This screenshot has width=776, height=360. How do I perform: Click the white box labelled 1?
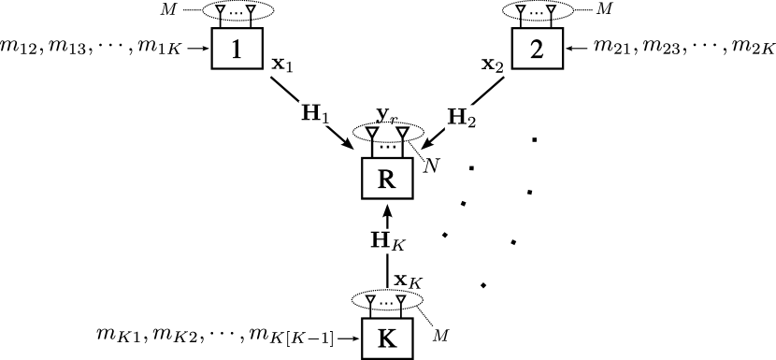[237, 50]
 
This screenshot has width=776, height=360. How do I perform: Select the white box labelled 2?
[537, 50]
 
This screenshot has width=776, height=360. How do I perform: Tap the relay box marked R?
[387, 179]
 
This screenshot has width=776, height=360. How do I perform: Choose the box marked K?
[387, 338]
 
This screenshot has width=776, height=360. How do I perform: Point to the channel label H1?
[314, 114]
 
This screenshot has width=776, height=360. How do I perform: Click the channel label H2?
[460, 118]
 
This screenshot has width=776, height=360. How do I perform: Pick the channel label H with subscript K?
[387, 241]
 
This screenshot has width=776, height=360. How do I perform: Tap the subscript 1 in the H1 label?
[325, 119]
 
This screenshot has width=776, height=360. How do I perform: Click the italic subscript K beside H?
[396, 246]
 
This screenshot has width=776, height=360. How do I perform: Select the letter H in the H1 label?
[309, 113]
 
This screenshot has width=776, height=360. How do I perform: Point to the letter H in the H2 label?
[455, 117]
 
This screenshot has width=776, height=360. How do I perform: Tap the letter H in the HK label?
[381, 239]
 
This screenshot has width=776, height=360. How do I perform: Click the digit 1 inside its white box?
[237, 50]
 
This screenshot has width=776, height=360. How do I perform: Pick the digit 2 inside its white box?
[537, 50]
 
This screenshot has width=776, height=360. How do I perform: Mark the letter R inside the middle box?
[386, 179]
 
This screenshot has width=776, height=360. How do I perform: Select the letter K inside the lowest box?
[386, 338]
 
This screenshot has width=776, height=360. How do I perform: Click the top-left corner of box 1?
[214, 32]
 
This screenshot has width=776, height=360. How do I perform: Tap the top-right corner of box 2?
[560, 32]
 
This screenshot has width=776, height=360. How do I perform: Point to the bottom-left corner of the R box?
[365, 196]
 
